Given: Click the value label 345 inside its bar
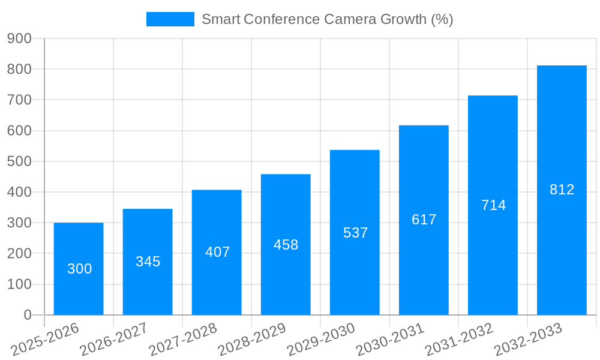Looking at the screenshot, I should point(148,262).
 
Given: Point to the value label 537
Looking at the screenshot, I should point(355,233).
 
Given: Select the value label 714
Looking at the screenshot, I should point(493,205).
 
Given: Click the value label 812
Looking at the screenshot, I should point(562,190).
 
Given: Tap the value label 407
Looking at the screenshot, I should point(217,252).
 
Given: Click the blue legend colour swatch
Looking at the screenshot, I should point(170,19).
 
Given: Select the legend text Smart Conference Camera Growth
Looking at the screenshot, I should point(327,19).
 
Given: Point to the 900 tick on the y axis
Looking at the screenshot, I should point(19,38).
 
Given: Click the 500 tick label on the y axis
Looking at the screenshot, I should point(19,161).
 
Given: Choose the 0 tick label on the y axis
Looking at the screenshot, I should point(27,315).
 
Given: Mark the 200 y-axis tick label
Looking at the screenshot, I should point(19,253).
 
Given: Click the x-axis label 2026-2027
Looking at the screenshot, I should point(114,340).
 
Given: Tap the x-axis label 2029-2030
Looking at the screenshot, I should point(321,340).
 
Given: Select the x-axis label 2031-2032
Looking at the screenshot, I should point(459,340).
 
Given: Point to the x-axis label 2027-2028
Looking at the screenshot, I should point(183,340).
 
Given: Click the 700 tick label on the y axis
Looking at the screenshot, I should point(19,100).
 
